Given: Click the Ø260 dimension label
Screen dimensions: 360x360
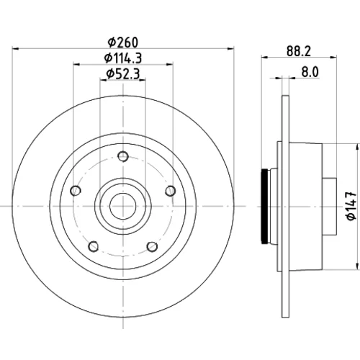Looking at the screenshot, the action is tap(123, 42).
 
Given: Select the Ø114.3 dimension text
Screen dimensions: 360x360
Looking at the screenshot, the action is tap(123, 58).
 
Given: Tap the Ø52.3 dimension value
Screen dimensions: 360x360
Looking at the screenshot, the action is tap(123, 73).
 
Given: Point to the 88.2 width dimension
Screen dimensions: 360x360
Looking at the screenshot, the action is tap(299, 51).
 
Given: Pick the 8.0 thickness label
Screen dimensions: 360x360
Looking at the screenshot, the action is tap(310, 72).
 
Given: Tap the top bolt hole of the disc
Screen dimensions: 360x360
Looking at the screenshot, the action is tap(123, 156).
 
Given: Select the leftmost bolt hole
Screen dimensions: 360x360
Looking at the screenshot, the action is tap(76, 191).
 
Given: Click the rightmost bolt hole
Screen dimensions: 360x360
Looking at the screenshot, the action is tap(171, 191).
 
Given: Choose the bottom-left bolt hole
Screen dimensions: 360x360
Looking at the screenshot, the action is tap(94, 246).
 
